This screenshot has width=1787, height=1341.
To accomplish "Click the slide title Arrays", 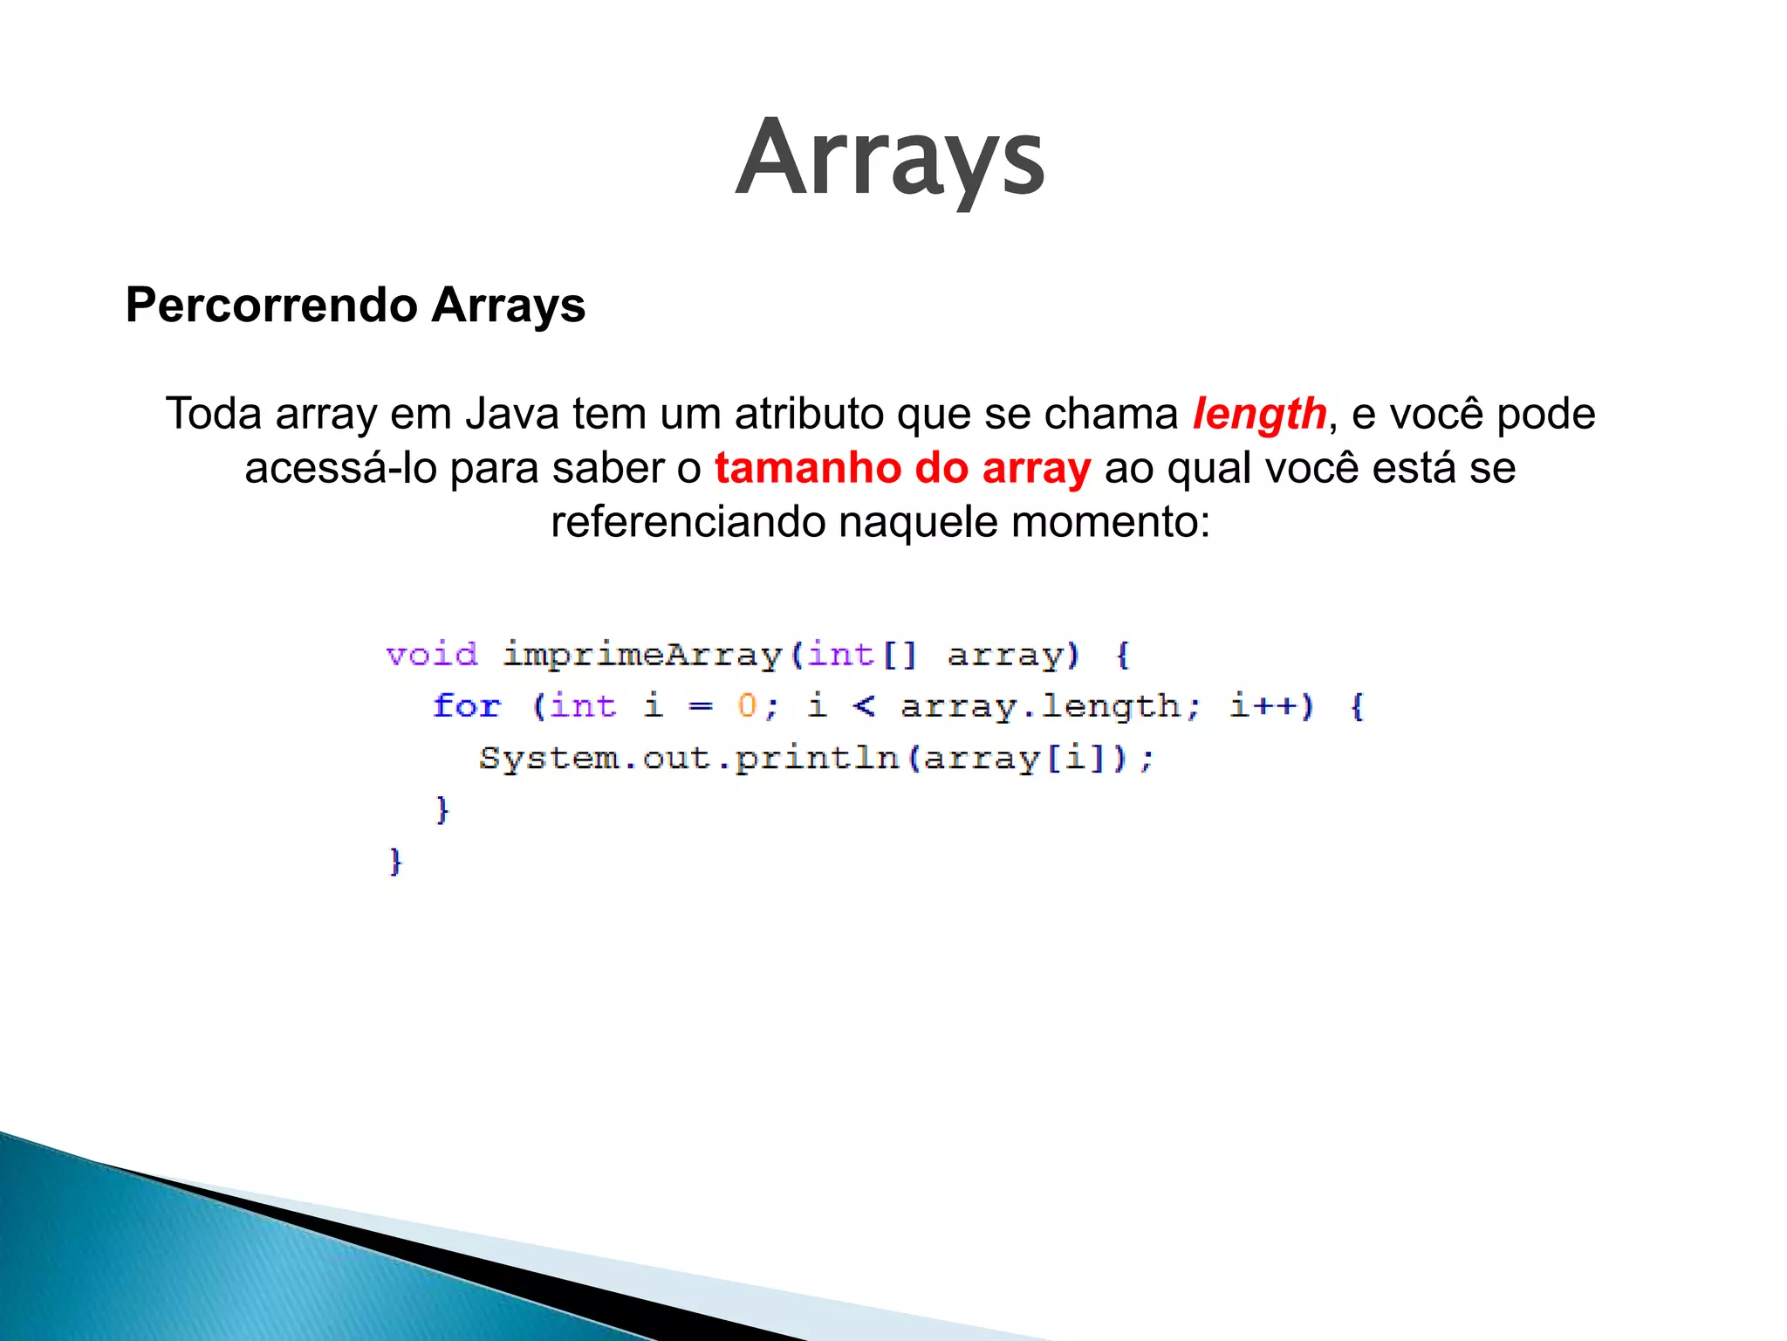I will pos(890,159).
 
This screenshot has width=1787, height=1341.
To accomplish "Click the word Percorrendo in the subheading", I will pos(271,306).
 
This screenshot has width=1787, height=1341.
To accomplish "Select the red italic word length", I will pos(1259,414).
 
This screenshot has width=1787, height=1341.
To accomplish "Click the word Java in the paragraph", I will pos(512,414).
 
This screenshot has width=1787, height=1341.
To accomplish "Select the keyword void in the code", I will pos(432,655).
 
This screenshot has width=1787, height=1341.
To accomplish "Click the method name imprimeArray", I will pos(642,655).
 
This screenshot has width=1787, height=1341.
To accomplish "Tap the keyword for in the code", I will pos(467,706).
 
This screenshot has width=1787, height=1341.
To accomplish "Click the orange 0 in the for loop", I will pos(747,705).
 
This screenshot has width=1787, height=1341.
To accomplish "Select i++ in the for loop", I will pos(1263,705).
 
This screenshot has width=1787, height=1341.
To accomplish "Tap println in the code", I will pos(817,758).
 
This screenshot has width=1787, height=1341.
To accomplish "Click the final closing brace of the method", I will pos(395,862).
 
